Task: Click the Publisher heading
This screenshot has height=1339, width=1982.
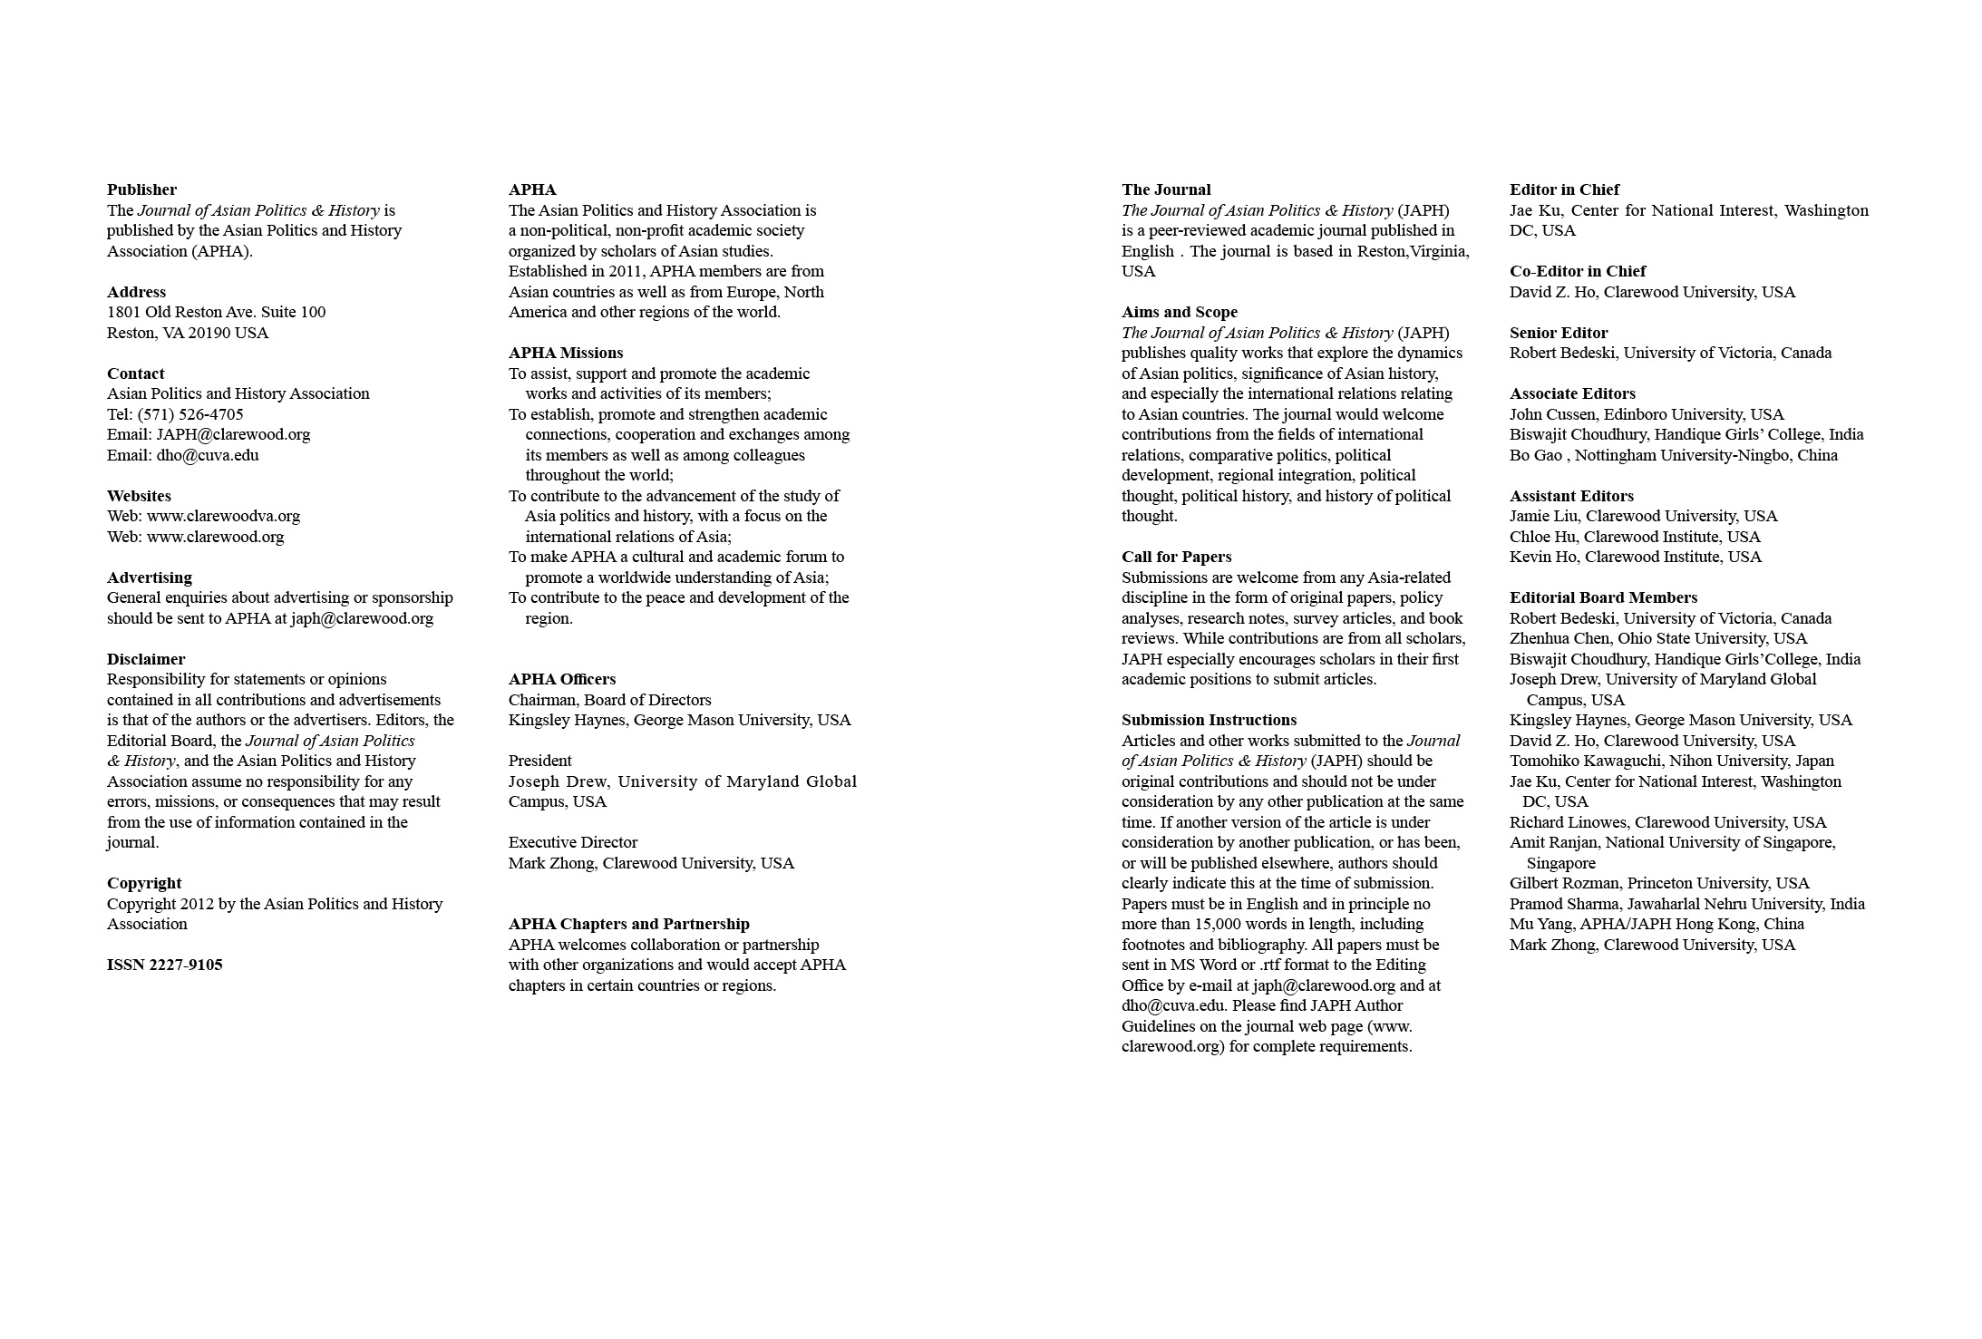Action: pyautogui.click(x=141, y=189)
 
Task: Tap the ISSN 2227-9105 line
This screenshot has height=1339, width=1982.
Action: pyautogui.click(x=164, y=965)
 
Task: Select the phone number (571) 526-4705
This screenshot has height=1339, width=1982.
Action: pyautogui.click(x=190, y=414)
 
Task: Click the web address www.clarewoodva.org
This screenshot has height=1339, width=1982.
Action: pyautogui.click(x=223, y=516)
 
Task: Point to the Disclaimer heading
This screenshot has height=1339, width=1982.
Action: pyautogui.click(x=146, y=659)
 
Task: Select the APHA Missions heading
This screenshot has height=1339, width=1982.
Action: pyautogui.click(x=566, y=353)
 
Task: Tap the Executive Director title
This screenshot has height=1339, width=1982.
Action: pyautogui.click(x=573, y=842)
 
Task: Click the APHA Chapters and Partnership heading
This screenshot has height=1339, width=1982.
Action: pyautogui.click(x=629, y=924)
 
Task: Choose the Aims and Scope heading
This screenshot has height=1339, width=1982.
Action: pyautogui.click(x=1180, y=312)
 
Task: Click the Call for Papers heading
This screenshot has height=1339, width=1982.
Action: pyautogui.click(x=1177, y=557)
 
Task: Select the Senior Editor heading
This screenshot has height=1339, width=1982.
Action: pyautogui.click(x=1559, y=333)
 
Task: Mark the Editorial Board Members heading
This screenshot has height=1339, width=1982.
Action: pyautogui.click(x=1603, y=597)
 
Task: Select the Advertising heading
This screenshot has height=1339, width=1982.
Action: pyautogui.click(x=150, y=577)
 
